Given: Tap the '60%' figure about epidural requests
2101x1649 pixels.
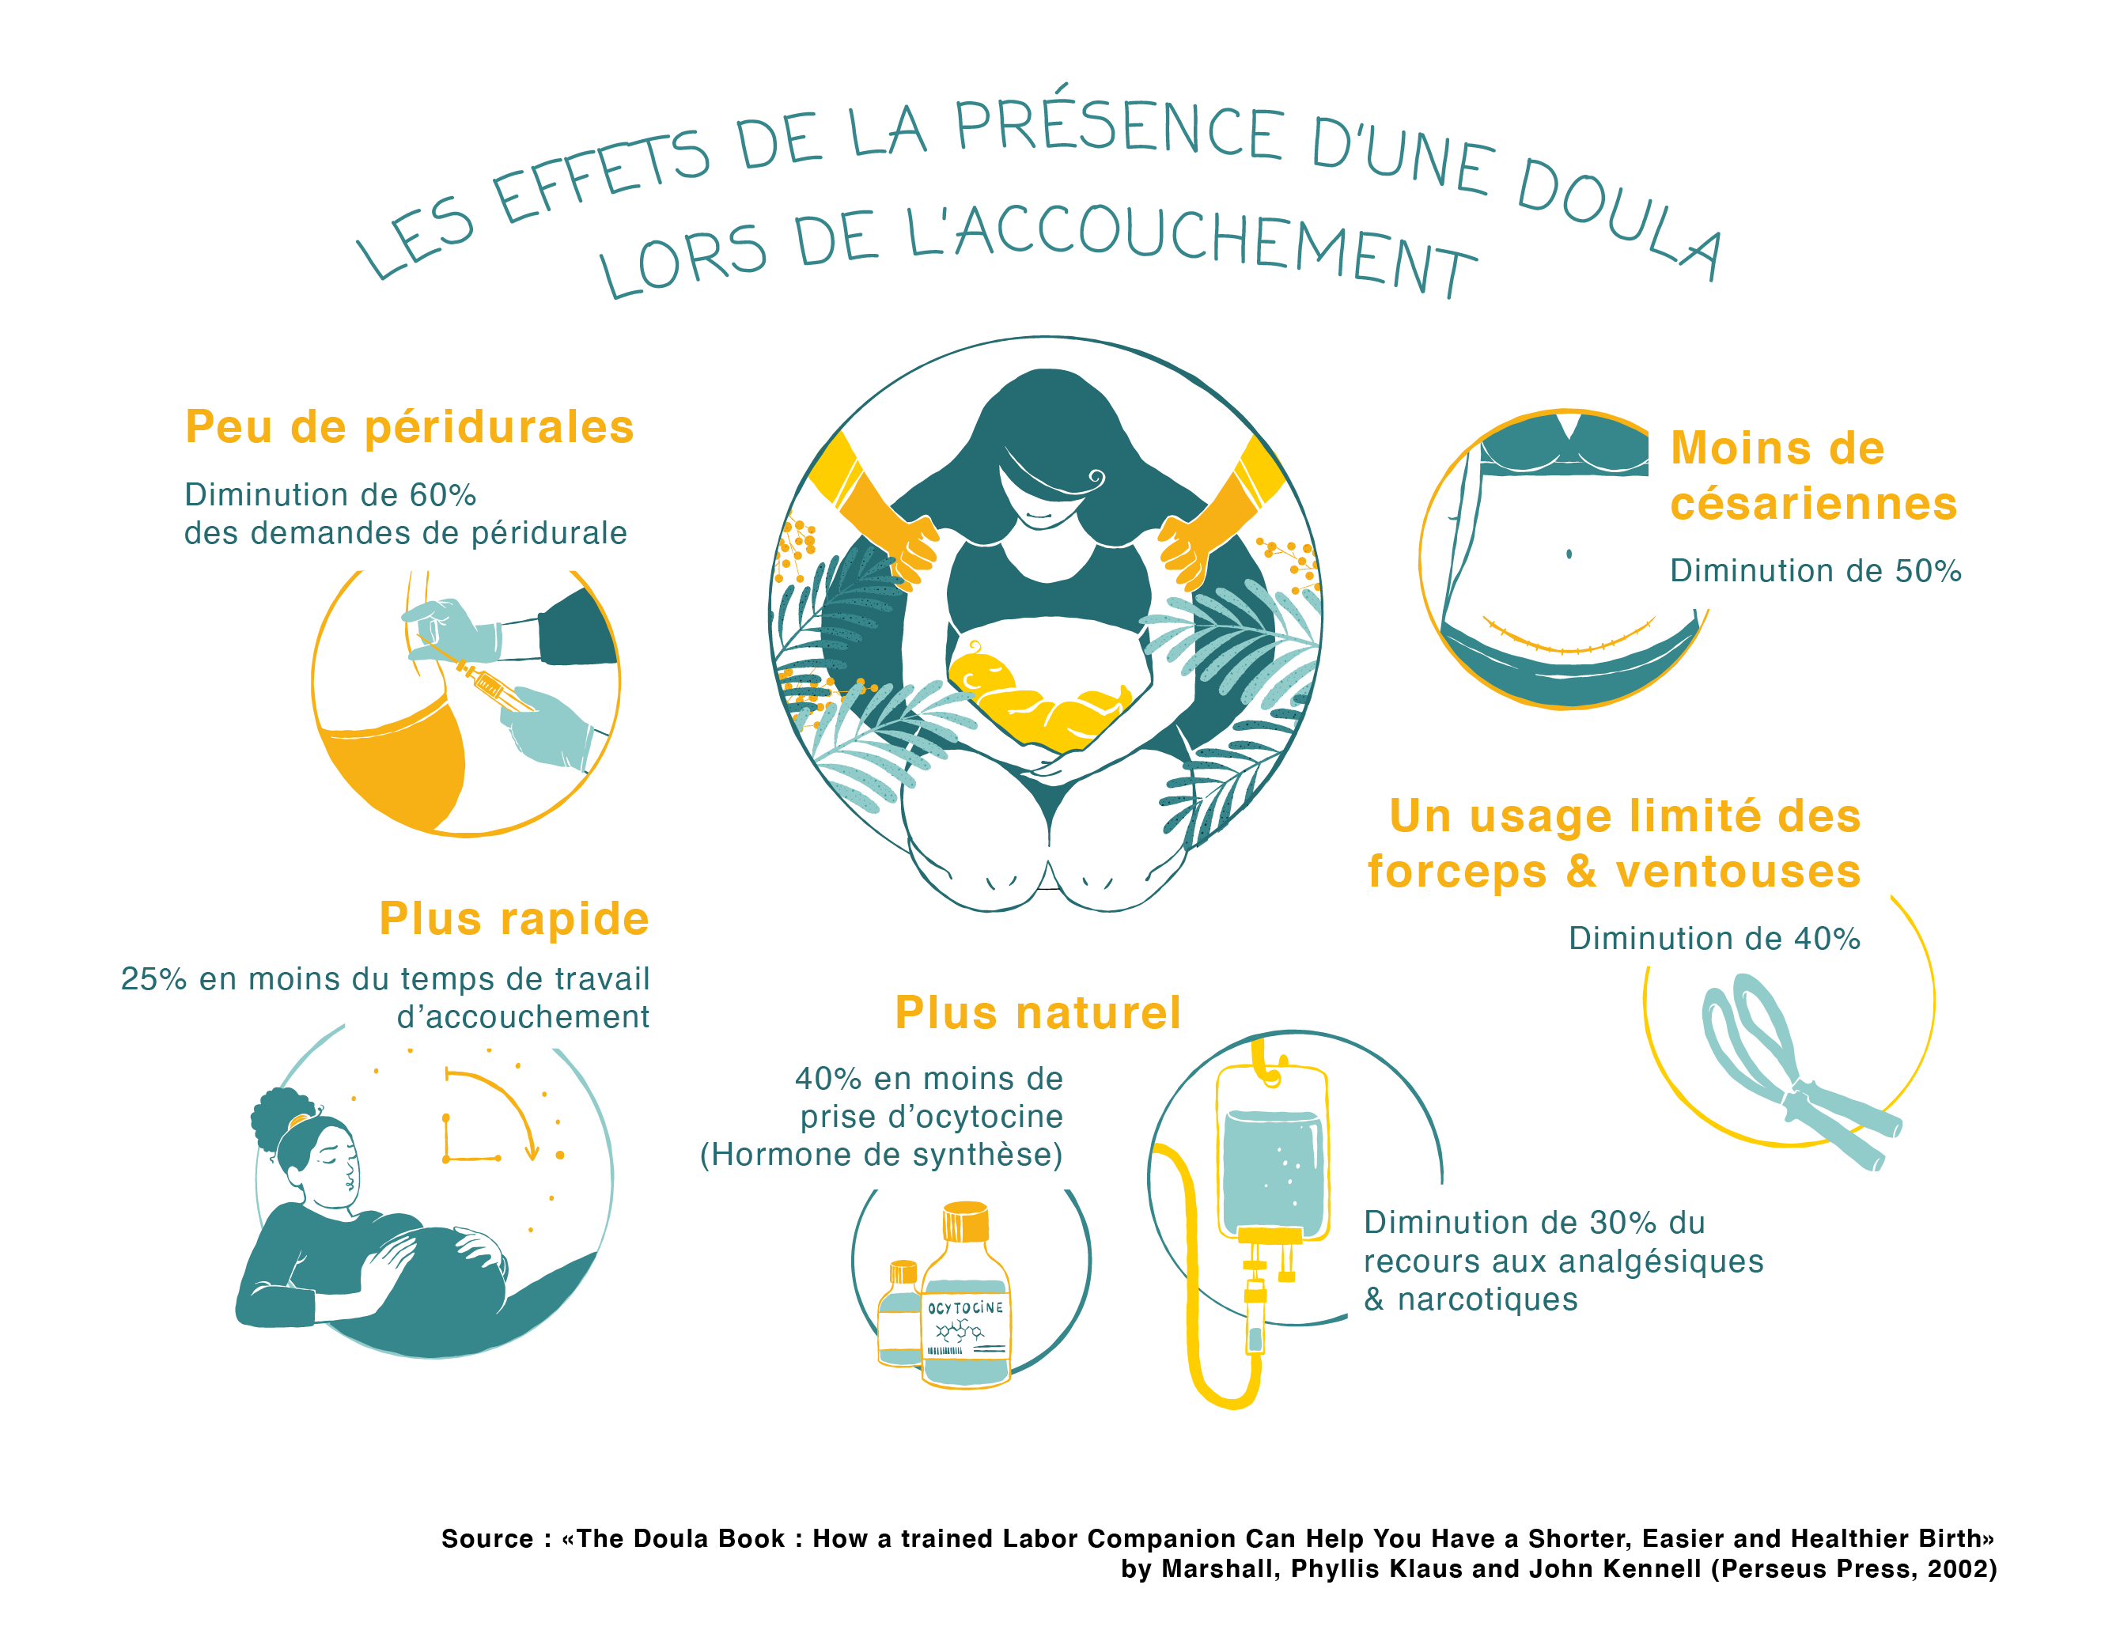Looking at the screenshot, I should click(x=442, y=495).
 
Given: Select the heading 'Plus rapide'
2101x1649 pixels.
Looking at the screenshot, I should click(x=513, y=918).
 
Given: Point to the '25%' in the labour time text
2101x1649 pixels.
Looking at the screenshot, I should click(x=153, y=979).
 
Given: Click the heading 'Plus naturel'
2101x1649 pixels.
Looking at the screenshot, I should click(x=1037, y=1013).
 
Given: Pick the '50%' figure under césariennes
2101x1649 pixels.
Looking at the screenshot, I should click(x=1927, y=572).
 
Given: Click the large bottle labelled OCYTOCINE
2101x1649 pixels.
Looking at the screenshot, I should click(x=966, y=1299).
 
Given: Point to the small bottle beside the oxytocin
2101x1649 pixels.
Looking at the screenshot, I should click(x=900, y=1313).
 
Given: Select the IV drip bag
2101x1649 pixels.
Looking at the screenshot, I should click(x=1274, y=1154).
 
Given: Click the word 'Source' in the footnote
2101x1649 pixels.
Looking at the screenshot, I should click(x=486, y=1539).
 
